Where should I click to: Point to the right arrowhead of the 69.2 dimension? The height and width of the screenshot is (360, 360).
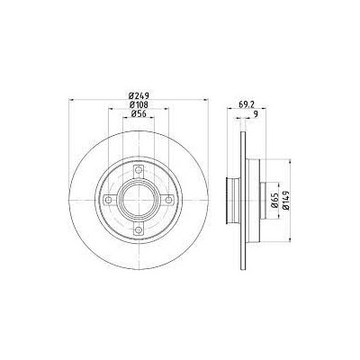pos(267,109)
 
